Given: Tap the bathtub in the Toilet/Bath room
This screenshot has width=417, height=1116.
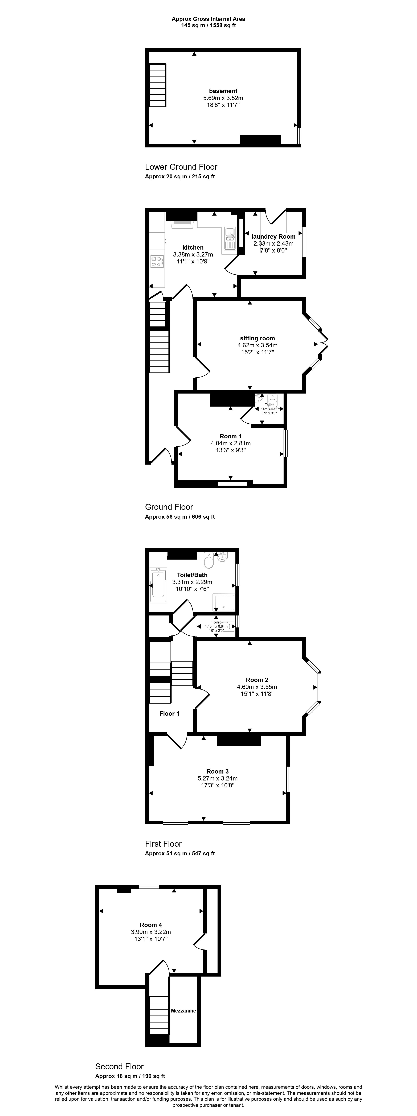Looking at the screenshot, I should click(158, 585).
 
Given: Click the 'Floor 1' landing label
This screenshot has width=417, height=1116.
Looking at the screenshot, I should click(169, 714).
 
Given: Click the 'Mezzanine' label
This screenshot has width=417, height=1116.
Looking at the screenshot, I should click(183, 1011).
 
